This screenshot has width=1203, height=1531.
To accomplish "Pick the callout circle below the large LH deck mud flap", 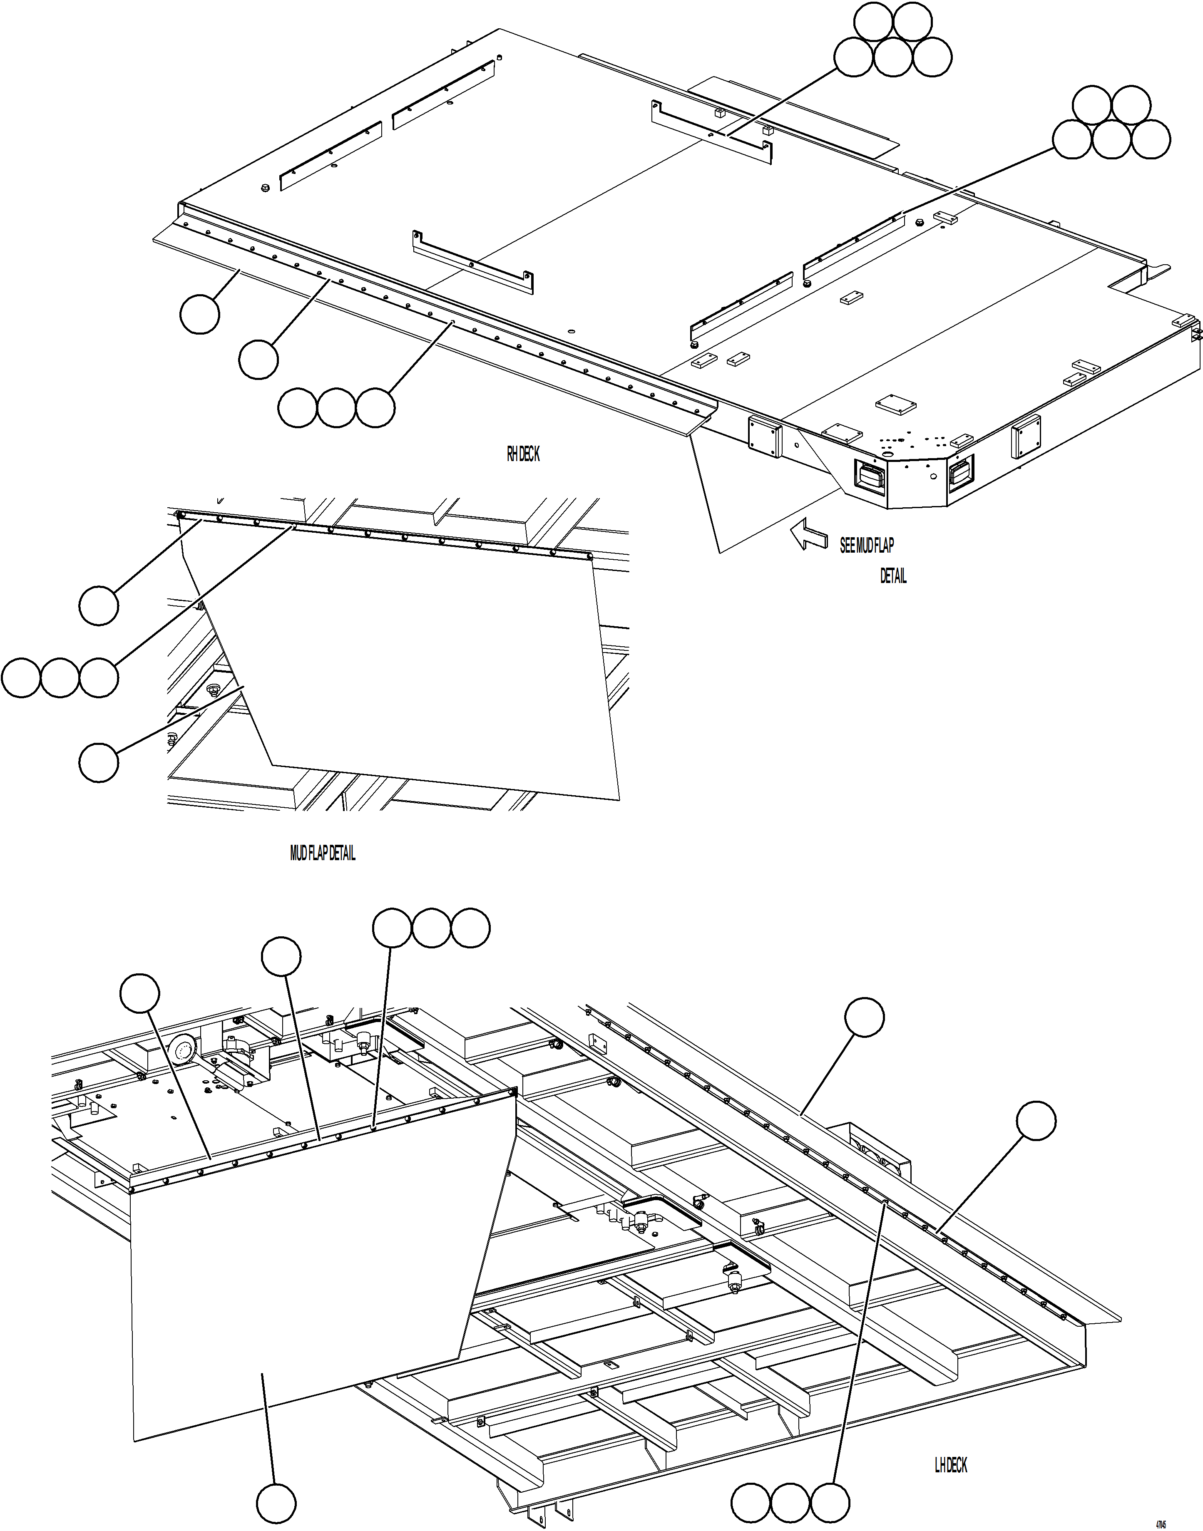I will (x=276, y=1504).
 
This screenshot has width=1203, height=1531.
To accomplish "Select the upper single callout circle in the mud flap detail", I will (x=99, y=605).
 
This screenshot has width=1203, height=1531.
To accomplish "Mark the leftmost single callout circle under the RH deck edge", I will (x=199, y=314).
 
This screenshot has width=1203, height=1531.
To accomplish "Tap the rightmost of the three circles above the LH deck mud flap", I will (x=470, y=928).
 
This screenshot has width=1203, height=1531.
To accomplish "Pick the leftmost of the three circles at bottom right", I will (x=751, y=1503).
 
